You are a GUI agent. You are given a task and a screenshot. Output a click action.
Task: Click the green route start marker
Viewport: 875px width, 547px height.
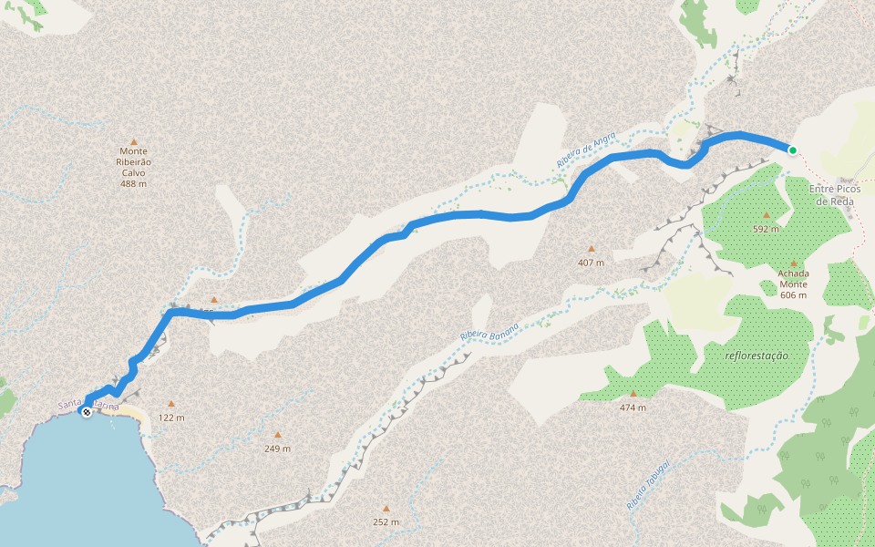coord(793,150)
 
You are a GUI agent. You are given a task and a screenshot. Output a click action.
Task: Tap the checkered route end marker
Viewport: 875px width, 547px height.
coord(86,412)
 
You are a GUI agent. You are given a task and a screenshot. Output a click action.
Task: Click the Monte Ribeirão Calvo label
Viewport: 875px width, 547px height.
coord(133,162)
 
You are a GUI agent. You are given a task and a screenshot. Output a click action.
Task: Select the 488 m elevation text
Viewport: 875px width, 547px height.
coord(133,183)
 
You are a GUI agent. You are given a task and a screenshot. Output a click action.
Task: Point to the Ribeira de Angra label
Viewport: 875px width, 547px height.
coord(586,150)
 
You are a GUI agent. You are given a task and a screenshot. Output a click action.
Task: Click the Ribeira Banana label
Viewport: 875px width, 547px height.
coord(489,332)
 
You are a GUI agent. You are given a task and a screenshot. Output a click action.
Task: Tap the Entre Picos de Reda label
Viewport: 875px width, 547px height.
coord(835,195)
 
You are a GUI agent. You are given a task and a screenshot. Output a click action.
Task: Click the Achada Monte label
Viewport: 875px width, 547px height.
coord(793,284)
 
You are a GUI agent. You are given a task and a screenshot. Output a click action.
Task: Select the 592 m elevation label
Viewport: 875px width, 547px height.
coord(766,229)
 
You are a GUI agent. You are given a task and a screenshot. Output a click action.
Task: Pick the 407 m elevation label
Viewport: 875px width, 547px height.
coord(591,263)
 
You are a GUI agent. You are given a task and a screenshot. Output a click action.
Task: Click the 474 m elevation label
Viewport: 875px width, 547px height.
coord(633,408)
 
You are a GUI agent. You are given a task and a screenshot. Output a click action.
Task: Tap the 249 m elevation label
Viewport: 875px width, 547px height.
coord(277,449)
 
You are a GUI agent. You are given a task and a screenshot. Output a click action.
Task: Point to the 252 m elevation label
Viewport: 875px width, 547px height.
coord(386,522)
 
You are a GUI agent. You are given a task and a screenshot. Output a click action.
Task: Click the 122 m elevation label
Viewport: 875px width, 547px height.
coord(170,418)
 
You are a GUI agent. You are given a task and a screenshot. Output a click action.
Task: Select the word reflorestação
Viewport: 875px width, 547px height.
coord(756,356)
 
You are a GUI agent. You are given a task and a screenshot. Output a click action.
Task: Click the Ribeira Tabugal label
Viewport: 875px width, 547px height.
coord(648,485)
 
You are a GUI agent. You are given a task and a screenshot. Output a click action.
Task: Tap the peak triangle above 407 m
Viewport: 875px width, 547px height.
coord(591,248)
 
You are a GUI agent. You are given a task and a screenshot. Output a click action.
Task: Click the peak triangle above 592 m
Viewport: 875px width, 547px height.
coord(766,215)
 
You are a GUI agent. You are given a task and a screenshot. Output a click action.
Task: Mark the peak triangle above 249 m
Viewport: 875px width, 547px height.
coord(277,434)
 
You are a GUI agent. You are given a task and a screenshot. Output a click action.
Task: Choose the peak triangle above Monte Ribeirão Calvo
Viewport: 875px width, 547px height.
coord(133,141)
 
